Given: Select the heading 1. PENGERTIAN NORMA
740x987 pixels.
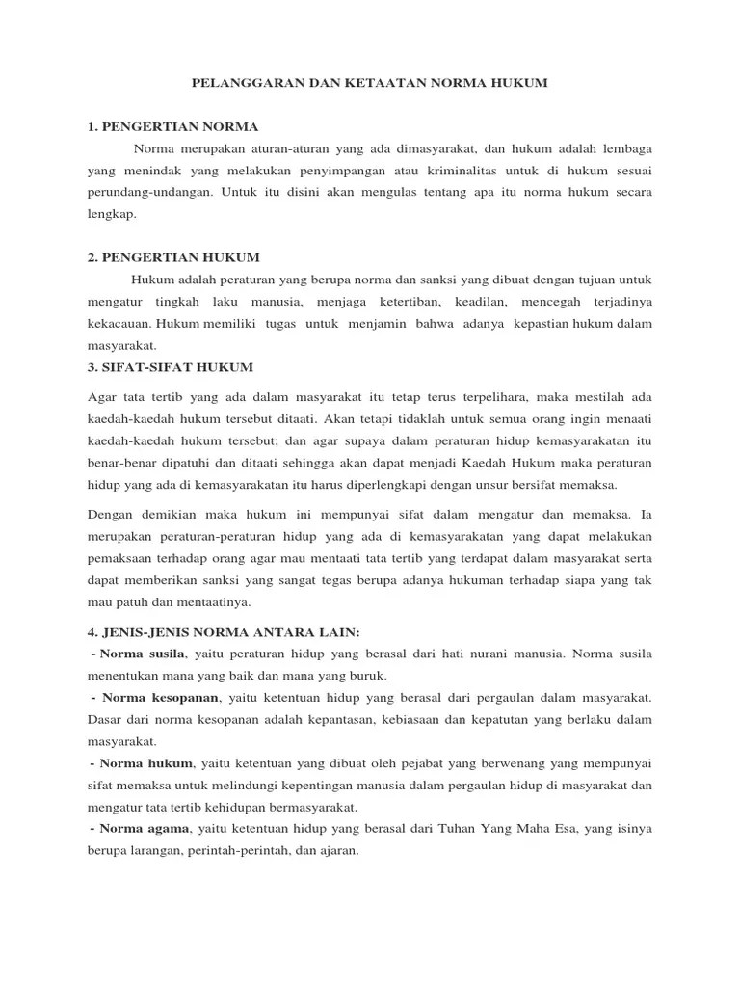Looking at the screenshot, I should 172,127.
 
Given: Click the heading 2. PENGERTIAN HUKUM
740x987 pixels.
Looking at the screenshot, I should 173,257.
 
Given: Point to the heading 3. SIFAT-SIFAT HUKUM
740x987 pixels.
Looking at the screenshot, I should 171,366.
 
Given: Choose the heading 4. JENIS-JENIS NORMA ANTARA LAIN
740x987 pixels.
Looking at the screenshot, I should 223,632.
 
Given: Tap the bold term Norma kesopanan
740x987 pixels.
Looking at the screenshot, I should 161,697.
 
